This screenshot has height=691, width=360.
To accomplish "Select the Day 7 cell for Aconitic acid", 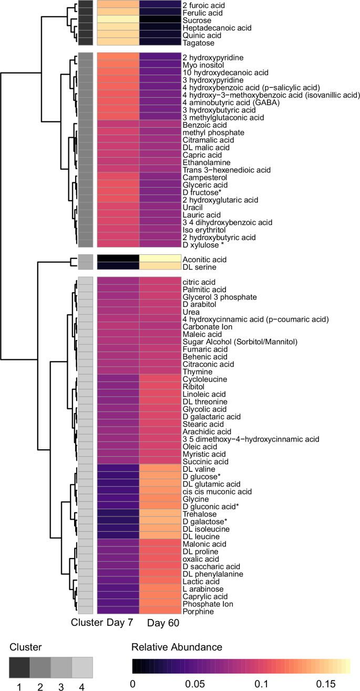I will click(118, 260).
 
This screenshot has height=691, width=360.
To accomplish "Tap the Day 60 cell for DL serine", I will click(160, 267).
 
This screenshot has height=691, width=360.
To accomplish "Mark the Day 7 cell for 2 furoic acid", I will click(118, 5).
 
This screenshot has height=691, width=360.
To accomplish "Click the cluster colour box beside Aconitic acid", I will click(86, 260).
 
